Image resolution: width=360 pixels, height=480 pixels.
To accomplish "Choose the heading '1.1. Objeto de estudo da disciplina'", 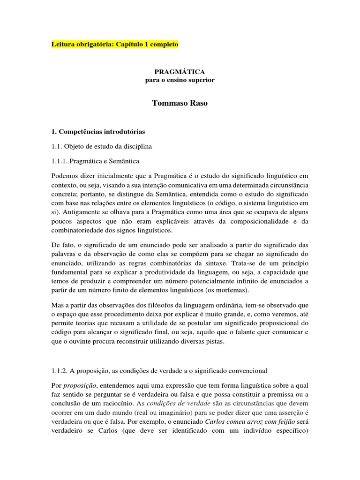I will tap(102, 147).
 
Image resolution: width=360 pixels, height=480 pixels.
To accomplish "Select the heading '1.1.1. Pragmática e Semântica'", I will tap(95, 161).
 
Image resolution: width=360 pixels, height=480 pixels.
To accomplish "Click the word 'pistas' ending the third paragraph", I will tap(216, 341).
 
